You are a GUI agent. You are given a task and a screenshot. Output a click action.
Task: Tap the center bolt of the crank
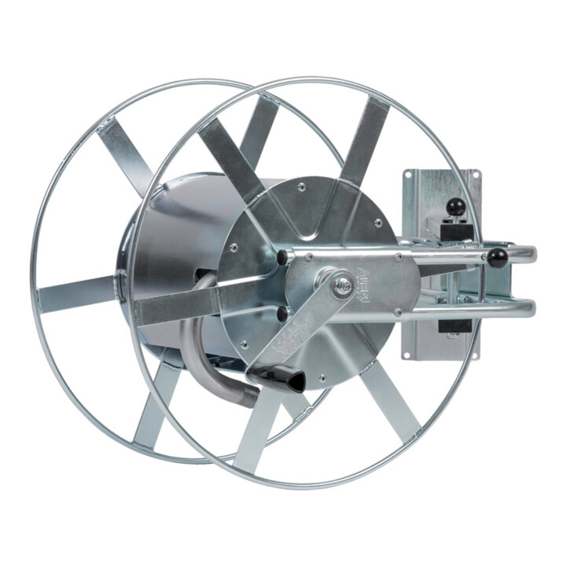(342, 285)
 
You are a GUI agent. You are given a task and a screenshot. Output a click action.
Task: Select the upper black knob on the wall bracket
(454, 207)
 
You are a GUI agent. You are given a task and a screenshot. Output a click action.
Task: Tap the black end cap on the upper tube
(281, 257)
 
